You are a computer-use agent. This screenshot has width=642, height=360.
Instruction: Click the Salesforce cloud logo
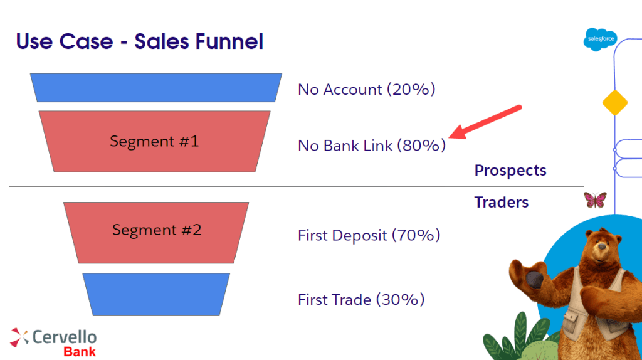(600, 40)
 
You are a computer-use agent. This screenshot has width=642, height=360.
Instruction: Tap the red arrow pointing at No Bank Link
(485, 122)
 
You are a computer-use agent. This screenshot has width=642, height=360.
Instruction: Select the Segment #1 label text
(154, 141)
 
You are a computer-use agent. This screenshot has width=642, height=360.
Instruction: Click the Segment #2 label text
(157, 230)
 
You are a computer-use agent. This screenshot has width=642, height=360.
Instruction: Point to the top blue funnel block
(156, 88)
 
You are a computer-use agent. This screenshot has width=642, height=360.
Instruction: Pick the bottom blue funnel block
(156, 295)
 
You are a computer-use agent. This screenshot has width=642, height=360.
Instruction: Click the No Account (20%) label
(366, 89)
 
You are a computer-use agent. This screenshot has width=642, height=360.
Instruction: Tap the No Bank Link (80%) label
(372, 146)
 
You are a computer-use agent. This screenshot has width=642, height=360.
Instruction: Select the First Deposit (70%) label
(369, 235)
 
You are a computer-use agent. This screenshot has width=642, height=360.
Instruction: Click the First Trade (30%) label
(361, 299)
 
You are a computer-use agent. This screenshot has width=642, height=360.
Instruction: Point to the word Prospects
(510, 171)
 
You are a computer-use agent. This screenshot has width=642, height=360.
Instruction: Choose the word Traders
(501, 203)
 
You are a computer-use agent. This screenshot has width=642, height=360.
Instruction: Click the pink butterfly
(595, 200)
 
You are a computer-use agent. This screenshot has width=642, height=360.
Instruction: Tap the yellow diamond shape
(615, 103)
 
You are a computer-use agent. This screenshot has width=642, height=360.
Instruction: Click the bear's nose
(601, 246)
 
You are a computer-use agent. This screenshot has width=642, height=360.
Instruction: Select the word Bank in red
(80, 352)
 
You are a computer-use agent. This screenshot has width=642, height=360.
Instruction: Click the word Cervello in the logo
(65, 337)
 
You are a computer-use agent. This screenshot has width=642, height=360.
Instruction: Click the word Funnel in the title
(229, 41)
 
